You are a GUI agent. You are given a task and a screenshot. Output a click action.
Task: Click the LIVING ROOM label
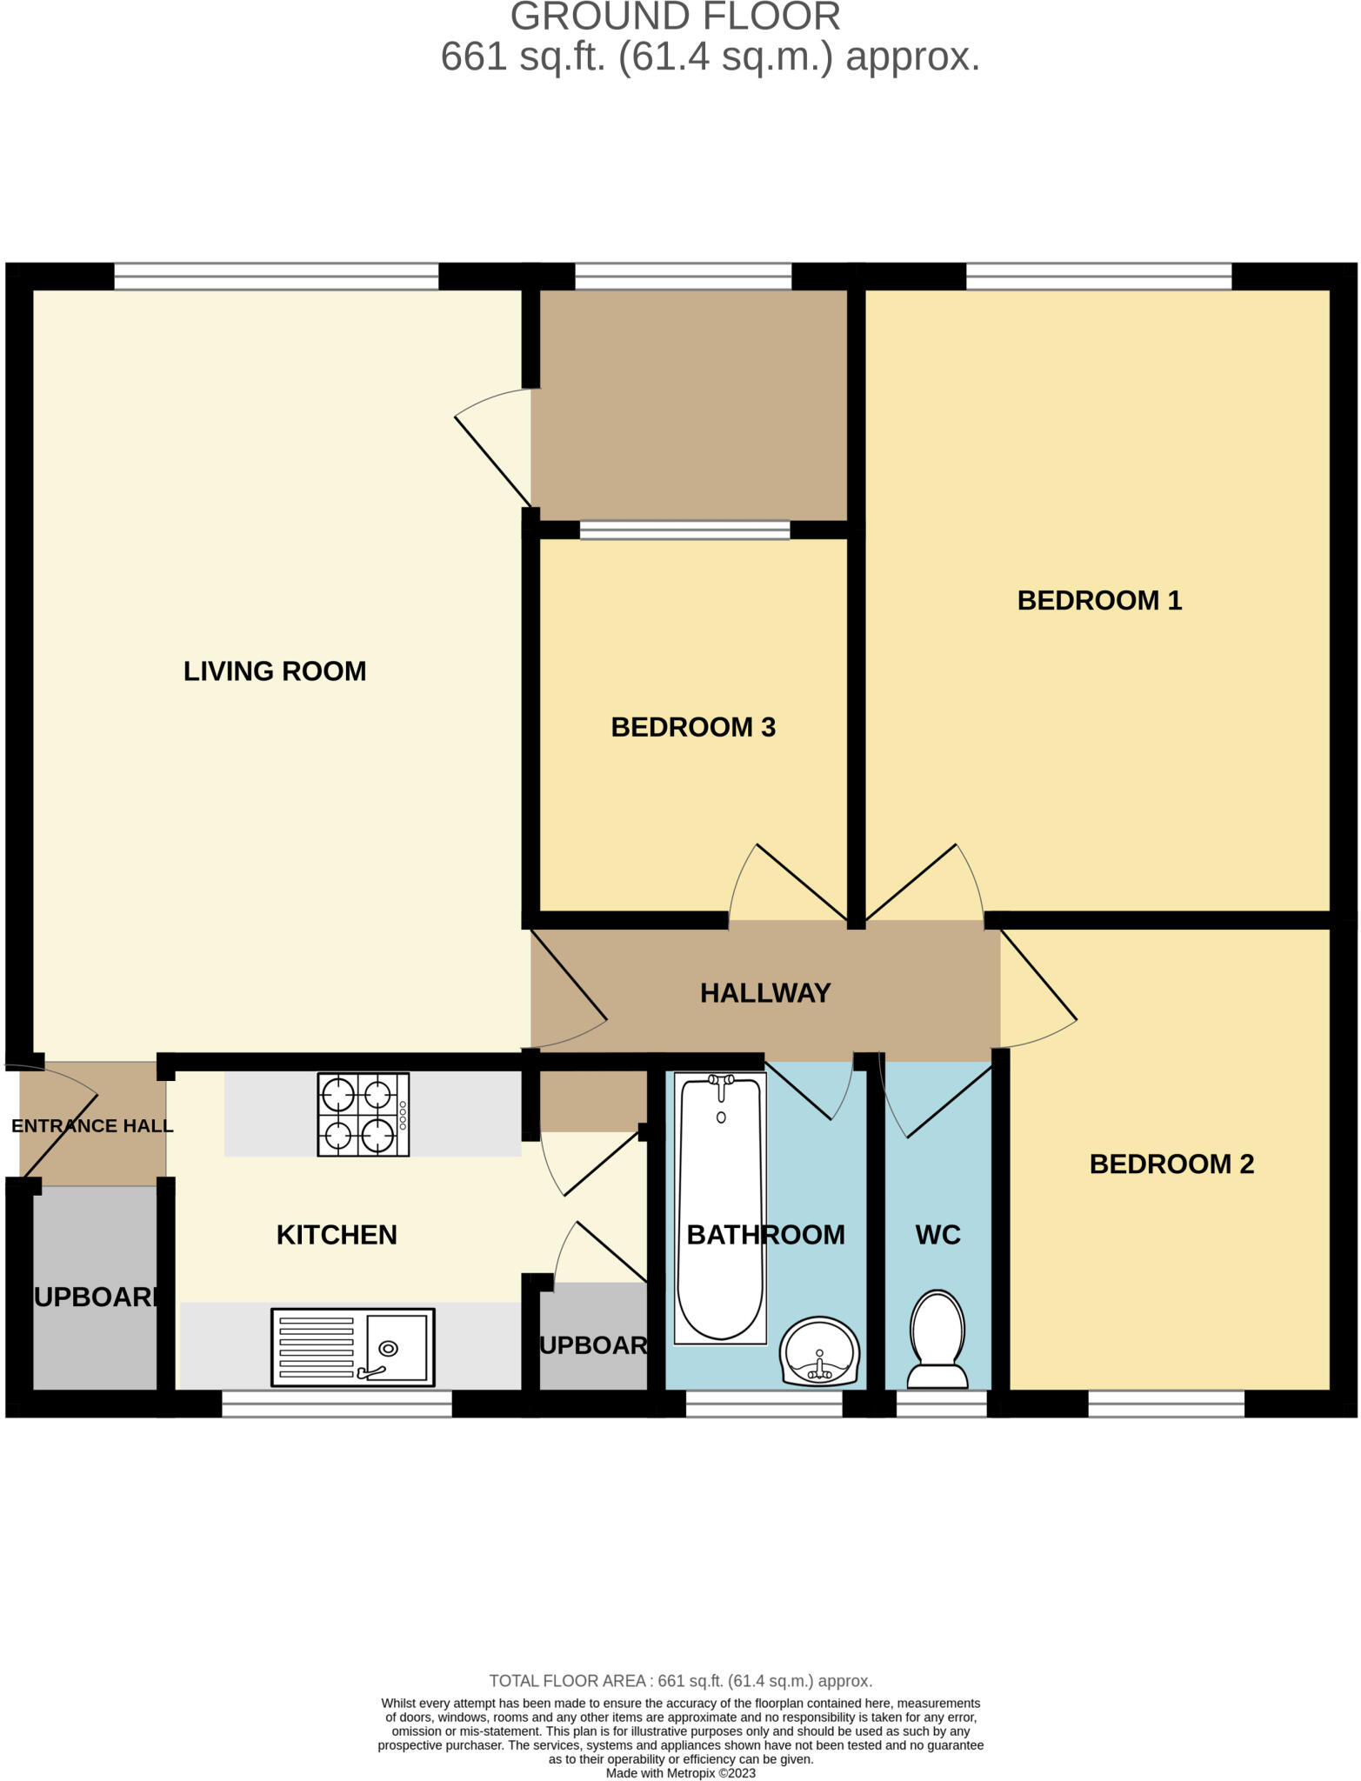275,671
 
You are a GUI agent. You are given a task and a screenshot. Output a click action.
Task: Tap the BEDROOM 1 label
1099,601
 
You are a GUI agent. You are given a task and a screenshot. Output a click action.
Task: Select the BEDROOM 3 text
693,728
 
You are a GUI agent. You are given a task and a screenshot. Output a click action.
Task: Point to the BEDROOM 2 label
1171,1164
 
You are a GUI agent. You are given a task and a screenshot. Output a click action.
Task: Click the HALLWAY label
765,993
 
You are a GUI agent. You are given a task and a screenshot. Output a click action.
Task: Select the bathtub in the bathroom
720,1209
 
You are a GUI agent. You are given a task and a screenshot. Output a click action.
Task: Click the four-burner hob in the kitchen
364,1115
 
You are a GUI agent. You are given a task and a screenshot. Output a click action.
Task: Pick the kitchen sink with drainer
352,1347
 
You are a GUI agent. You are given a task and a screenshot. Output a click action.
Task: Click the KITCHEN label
337,1235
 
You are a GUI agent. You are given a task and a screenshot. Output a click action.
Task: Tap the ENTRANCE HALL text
92,1126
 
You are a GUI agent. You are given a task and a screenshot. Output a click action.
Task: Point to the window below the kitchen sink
337,1404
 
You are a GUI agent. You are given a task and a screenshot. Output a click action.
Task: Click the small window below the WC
941,1404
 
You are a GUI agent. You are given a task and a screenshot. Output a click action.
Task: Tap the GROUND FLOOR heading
675,17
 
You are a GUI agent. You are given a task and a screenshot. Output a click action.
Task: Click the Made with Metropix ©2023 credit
680,1773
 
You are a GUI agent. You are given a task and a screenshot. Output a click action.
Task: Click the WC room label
937,1235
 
